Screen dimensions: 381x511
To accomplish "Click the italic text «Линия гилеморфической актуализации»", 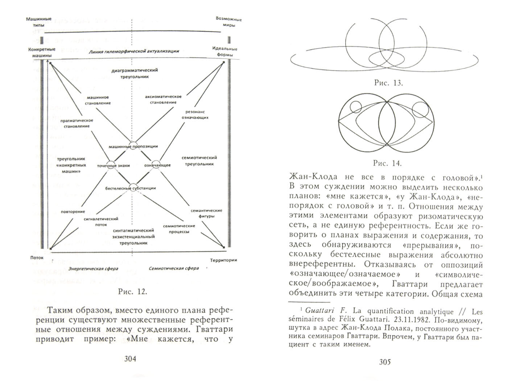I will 133,51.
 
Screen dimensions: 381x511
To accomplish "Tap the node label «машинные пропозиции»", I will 133,146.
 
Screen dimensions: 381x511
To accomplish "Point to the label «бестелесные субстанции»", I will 131,188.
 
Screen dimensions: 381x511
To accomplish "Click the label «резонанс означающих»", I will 196,114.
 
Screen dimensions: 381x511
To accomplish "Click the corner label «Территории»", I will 224,260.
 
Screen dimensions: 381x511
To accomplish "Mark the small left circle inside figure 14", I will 355,108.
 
